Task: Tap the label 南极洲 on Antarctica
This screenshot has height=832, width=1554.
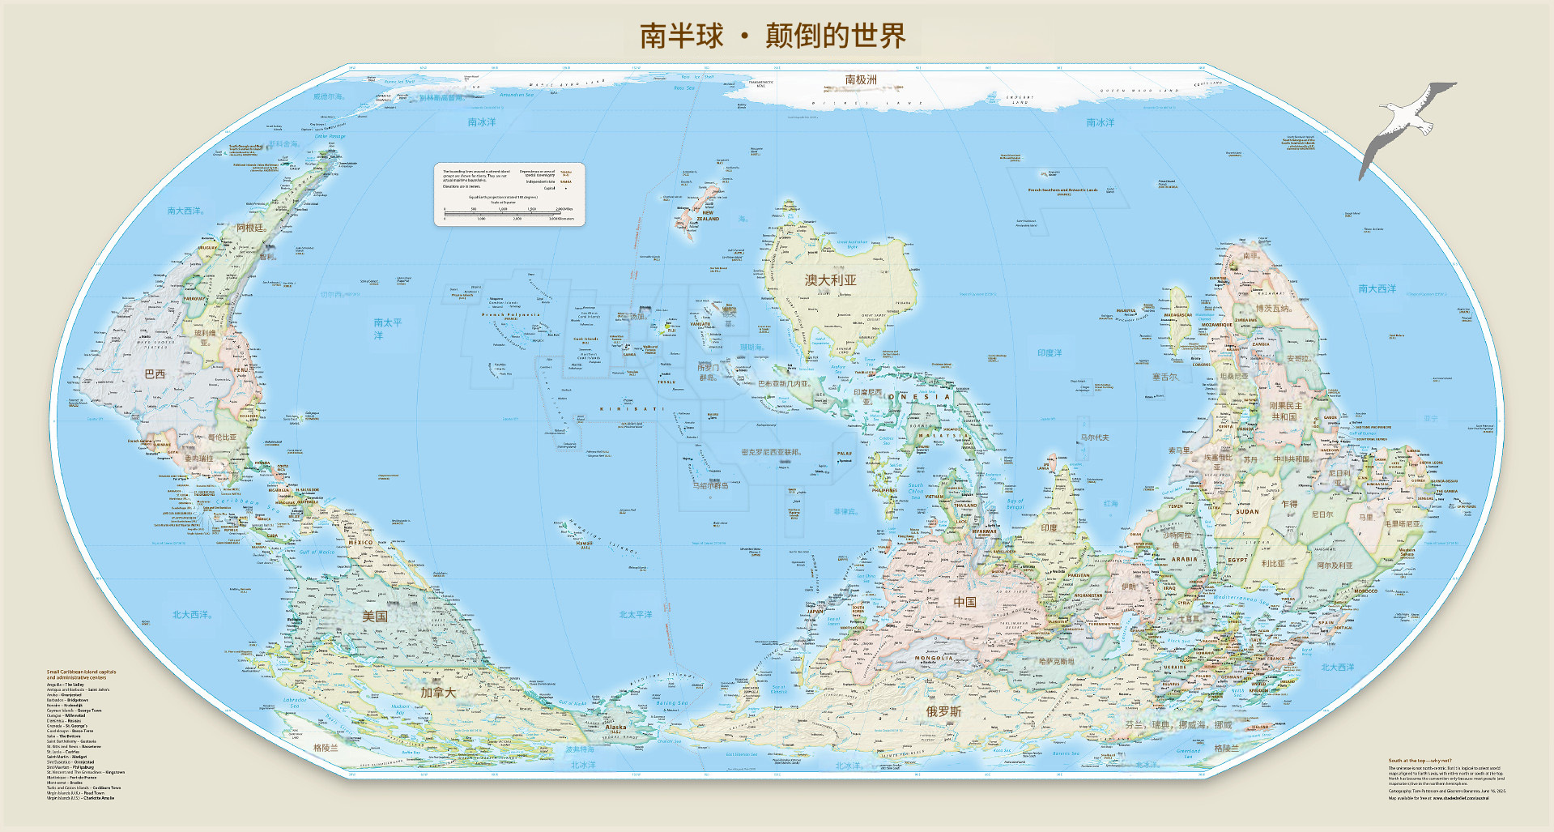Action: pyautogui.click(x=861, y=80)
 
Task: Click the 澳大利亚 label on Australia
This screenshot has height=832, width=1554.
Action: pyautogui.click(x=830, y=280)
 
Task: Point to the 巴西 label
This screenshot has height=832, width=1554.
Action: pyautogui.click(x=155, y=374)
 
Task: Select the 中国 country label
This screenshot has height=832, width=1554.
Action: pyautogui.click(x=964, y=602)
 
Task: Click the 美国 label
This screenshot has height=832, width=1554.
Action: pyautogui.click(x=374, y=617)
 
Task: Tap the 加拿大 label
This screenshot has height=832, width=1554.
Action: pyautogui.click(x=438, y=693)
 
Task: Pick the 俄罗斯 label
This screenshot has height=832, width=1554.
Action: pyautogui.click(x=943, y=711)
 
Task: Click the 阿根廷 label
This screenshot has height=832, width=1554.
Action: pyautogui.click(x=251, y=228)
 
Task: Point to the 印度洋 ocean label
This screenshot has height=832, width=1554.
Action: pyautogui.click(x=1049, y=353)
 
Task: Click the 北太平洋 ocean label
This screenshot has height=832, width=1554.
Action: pyautogui.click(x=636, y=615)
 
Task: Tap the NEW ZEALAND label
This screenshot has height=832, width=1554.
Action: pyautogui.click(x=707, y=215)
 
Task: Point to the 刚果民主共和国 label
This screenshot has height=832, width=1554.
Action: pyautogui.click(x=1285, y=411)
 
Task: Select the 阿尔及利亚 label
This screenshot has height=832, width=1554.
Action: pyautogui.click(x=1335, y=565)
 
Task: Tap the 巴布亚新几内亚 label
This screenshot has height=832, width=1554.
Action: pyautogui.click(x=783, y=384)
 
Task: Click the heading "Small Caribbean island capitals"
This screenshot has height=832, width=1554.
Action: pyautogui.click(x=81, y=672)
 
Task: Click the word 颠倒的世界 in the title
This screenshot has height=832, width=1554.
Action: pyautogui.click(x=835, y=36)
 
